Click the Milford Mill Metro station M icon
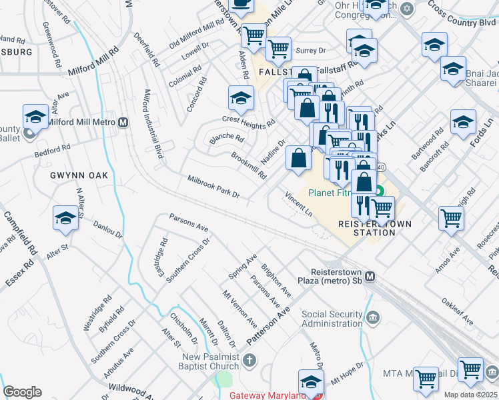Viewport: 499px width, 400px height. [123, 123]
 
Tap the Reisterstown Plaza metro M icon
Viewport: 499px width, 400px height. [370, 277]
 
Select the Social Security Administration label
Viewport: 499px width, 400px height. [333, 319]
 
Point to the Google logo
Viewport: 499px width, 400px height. [22, 392]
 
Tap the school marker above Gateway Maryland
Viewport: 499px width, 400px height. [311, 382]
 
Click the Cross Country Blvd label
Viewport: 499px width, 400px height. [457, 14]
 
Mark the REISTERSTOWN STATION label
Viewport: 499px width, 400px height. [367, 228]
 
